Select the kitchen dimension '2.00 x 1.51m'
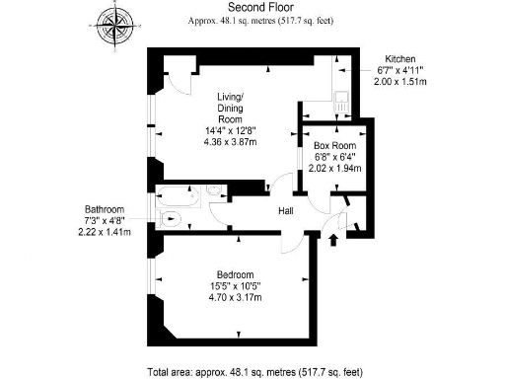coord(404,83)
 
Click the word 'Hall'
coord(284,210)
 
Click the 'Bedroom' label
coord(236,274)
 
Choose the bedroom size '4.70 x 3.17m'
coord(236,298)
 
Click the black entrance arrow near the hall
coord(332,239)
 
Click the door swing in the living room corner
coord(176,83)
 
